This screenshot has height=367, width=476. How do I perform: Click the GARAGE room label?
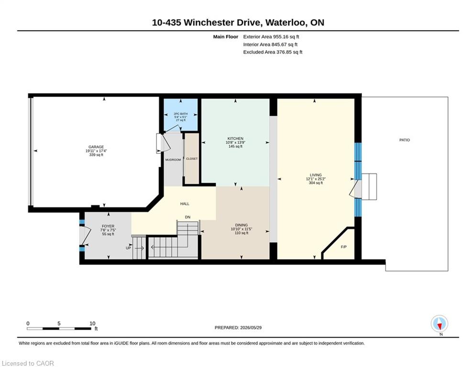[96, 147]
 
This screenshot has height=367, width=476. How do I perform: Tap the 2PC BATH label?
[181, 114]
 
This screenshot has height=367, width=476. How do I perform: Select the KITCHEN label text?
[235, 139]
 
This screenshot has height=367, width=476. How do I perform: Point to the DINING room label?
[241, 225]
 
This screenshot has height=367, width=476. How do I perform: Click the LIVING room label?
[315, 175]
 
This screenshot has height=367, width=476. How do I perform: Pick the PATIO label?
[404, 140]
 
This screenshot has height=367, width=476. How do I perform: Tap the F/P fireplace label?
[343, 247]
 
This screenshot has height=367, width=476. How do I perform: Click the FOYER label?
[108, 226]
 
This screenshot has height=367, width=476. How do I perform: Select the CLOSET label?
[192, 159]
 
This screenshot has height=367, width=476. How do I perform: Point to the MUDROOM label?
[173, 160]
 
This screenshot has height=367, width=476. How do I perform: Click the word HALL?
[185, 204]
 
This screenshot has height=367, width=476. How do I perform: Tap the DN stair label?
[188, 217]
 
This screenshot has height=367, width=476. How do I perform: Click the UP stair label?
[128, 248]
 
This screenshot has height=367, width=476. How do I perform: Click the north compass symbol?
[439, 324]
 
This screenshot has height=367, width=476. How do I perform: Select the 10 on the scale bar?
[92, 324]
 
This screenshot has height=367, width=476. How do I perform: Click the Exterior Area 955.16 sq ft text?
[271, 37]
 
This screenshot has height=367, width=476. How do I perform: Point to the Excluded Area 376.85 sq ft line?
[273, 52]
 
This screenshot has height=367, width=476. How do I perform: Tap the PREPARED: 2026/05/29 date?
[238, 327]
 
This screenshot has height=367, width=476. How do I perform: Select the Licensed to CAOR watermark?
[28, 363]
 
